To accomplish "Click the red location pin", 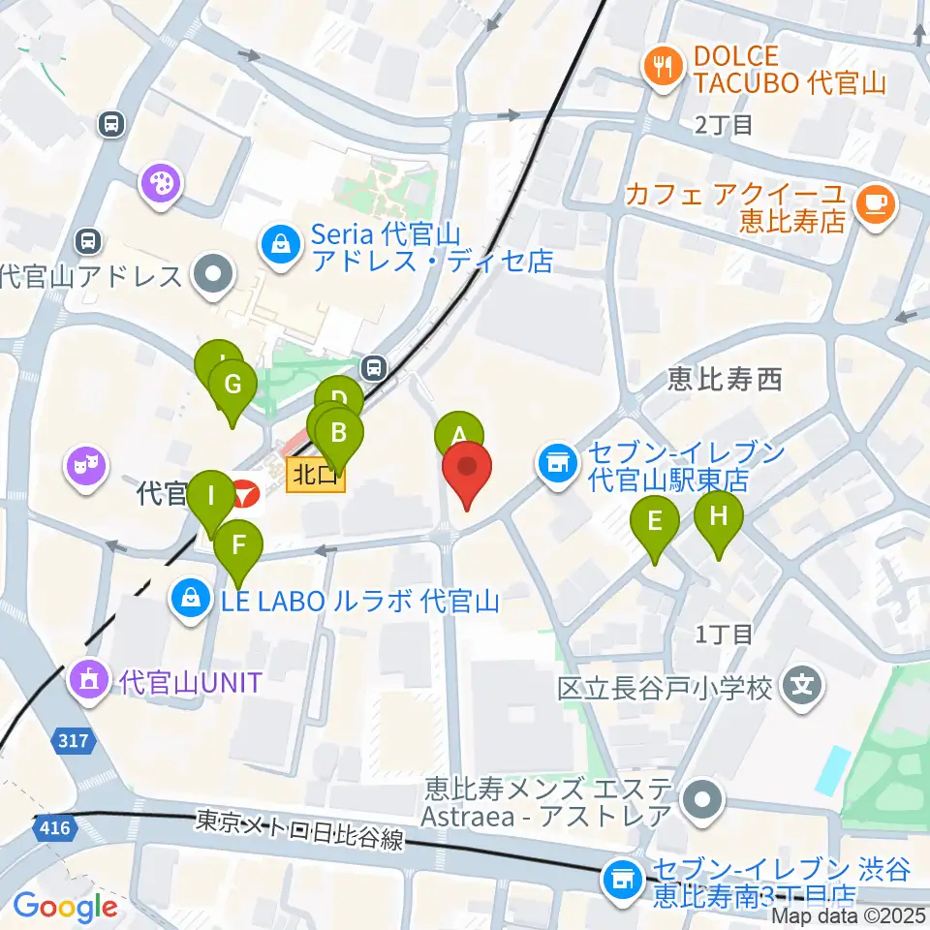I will [x=467, y=471].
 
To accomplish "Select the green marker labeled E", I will [x=655, y=523].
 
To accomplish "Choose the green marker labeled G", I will [x=232, y=386].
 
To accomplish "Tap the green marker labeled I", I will [x=210, y=497].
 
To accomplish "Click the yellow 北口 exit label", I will [x=316, y=475].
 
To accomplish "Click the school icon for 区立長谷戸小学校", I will [x=802, y=688].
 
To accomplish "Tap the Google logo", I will [x=65, y=908].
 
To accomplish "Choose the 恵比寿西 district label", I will [x=725, y=380].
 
